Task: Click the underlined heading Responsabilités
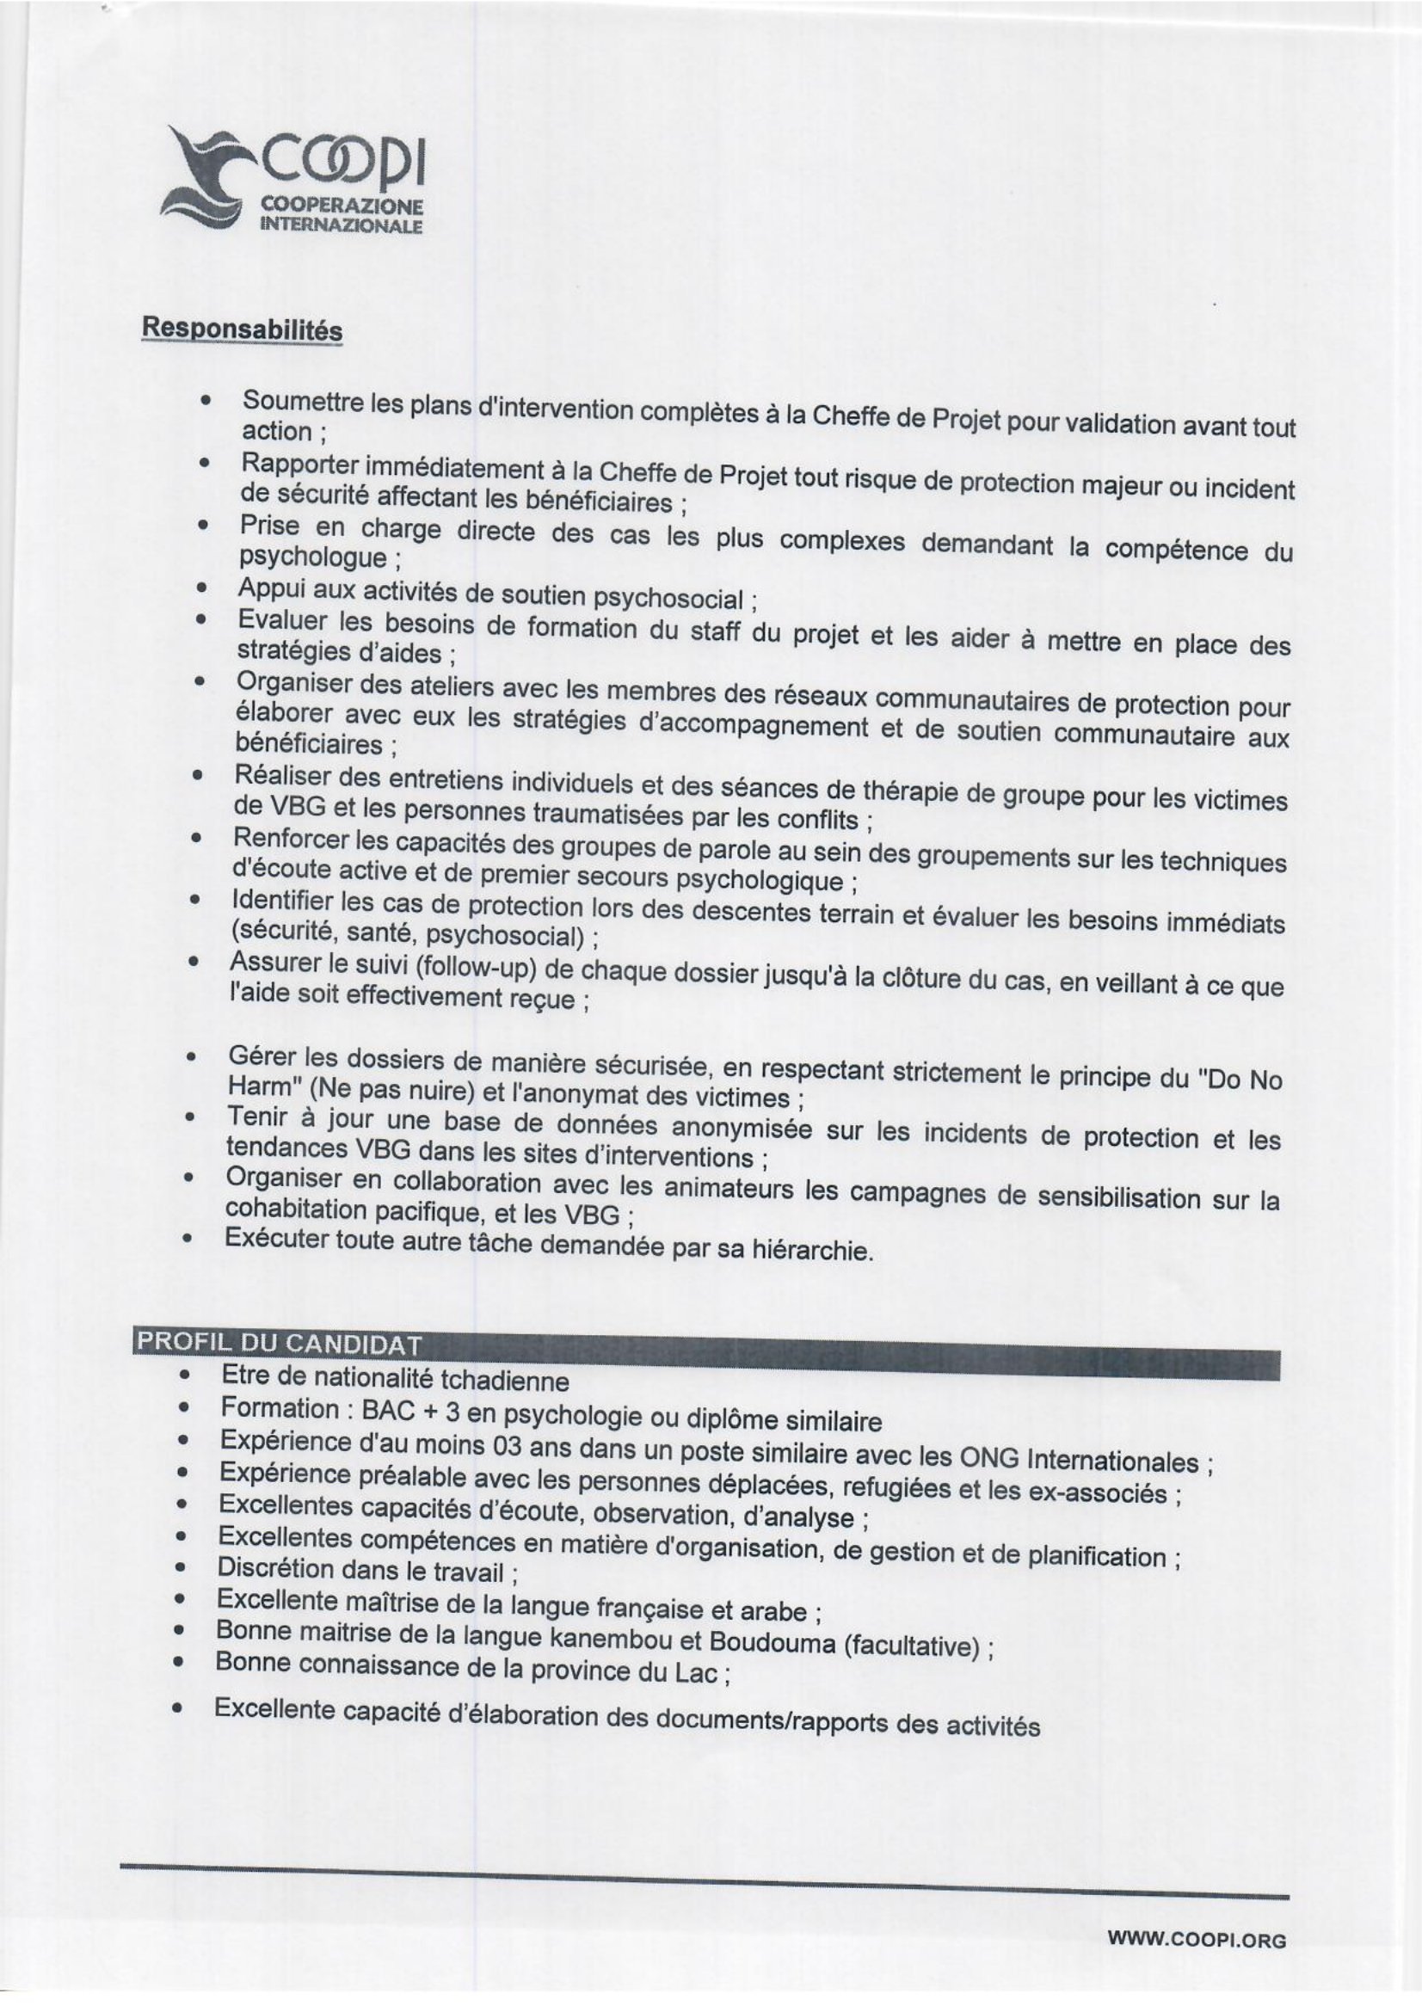click(x=242, y=329)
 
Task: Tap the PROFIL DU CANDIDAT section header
click(x=278, y=1344)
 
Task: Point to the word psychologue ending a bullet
click(x=312, y=557)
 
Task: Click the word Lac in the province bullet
click(x=696, y=1674)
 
